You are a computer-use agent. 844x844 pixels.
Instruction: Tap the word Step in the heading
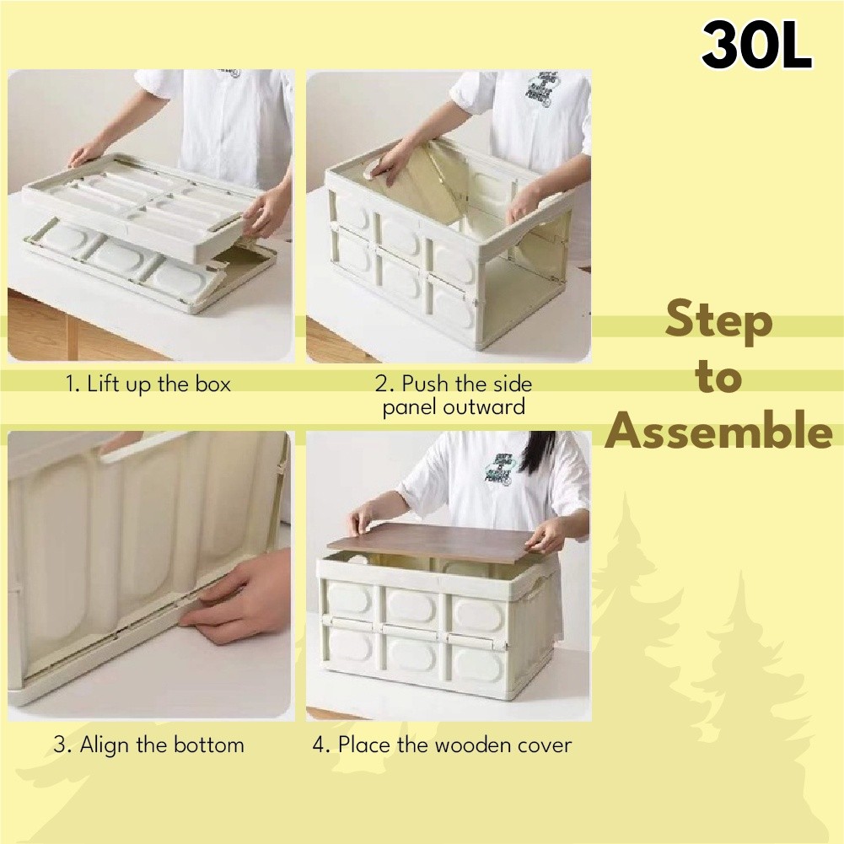point(718,321)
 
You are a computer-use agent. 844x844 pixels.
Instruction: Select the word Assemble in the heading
point(718,431)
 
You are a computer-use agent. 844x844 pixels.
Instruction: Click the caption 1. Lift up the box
point(148,384)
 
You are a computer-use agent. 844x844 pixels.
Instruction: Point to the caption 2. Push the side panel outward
point(454,395)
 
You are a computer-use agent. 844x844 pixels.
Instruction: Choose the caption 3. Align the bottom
point(149,745)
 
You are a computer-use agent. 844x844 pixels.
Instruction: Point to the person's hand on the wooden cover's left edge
point(363,516)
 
